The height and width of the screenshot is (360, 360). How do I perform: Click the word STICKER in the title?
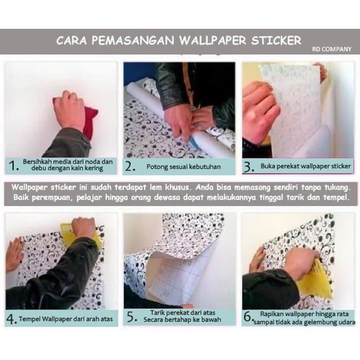point(275,40)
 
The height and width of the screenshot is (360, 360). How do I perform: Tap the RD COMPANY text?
point(332,49)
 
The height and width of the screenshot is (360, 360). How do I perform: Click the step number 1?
point(14,166)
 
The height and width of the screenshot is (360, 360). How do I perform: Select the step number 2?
point(130,166)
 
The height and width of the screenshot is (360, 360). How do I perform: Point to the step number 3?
point(248,166)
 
